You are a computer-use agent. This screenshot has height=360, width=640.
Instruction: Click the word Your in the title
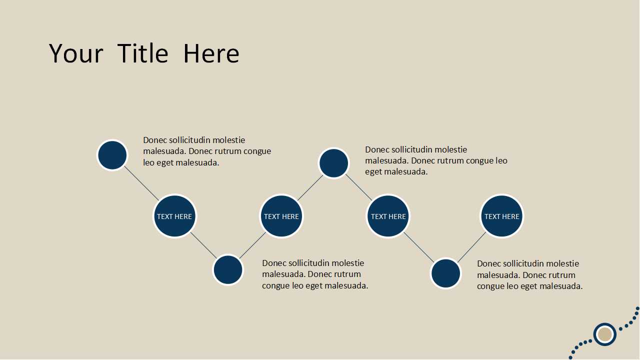pos(76,53)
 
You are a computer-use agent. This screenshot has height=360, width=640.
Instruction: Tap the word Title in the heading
pos(143,53)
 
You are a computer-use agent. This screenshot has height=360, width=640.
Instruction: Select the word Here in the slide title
pos(211,53)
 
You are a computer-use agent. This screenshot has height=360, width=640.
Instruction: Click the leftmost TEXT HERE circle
pos(174,216)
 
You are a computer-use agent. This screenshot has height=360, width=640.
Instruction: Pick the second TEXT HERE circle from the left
pos(281,216)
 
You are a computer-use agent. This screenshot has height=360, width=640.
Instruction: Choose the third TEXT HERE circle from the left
pos(388,216)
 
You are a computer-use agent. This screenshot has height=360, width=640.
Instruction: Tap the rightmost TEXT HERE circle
pos(501,216)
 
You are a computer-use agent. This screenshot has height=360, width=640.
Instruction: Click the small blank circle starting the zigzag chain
pos(112,155)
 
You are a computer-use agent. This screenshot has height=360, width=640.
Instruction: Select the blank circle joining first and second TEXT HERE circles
pos(228,269)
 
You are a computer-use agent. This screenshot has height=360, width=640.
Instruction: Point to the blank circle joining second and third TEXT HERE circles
pos(333,163)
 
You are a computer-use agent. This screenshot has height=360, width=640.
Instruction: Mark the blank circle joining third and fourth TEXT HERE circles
pos(445,273)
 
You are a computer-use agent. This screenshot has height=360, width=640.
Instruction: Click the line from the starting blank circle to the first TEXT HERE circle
pos(141,183)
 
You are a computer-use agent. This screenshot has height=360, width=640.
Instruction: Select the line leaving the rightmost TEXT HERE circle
pos(471,247)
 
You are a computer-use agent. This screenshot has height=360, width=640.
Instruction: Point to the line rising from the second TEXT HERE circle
pos(310,187)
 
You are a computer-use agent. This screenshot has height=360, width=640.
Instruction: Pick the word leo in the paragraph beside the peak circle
pos(501,160)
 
